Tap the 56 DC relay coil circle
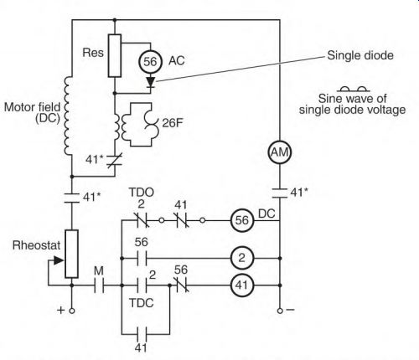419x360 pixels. (242, 220)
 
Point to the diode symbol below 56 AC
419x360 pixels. (151, 83)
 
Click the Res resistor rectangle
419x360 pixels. (115, 55)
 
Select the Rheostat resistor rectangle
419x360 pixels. (71, 254)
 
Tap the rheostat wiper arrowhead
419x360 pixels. (59, 260)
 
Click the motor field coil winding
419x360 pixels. (68, 116)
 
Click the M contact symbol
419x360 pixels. (99, 285)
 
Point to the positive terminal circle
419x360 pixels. (72, 311)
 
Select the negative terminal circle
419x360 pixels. (280, 311)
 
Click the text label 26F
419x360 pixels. (173, 123)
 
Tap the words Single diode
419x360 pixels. (360, 55)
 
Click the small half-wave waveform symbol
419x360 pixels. (354, 90)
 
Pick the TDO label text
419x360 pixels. (142, 193)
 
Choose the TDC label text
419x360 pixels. (142, 303)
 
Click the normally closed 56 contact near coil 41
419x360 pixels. (181, 285)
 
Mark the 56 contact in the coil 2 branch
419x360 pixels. (142, 259)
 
